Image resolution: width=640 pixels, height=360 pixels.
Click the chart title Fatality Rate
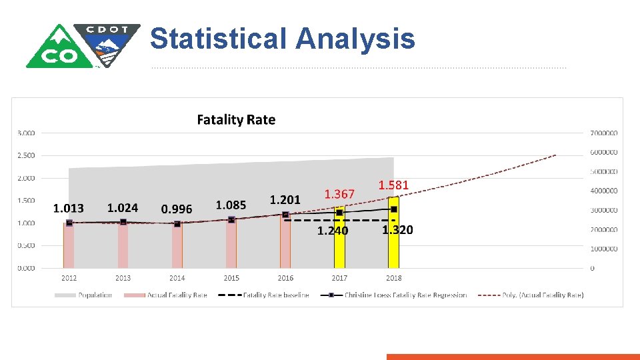coord(236,120)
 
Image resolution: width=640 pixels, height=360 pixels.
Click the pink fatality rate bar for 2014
coord(177,247)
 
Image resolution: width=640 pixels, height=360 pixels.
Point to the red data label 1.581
coord(393,185)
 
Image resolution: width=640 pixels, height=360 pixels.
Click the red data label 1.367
coord(339,194)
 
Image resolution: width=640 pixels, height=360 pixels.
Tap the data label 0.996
coord(177,209)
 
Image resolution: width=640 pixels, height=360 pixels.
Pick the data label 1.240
coord(332,231)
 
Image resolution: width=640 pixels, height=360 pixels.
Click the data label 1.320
coord(397,230)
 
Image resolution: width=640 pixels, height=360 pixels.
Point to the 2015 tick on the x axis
coord(231,278)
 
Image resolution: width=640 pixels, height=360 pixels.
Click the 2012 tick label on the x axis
coord(69,278)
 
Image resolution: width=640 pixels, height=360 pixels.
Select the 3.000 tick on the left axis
coord(26,133)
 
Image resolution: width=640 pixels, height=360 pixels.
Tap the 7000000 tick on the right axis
coord(604,133)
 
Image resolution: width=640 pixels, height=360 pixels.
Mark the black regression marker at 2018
coord(393,209)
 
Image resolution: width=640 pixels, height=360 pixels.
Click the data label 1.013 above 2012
coord(69,208)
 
